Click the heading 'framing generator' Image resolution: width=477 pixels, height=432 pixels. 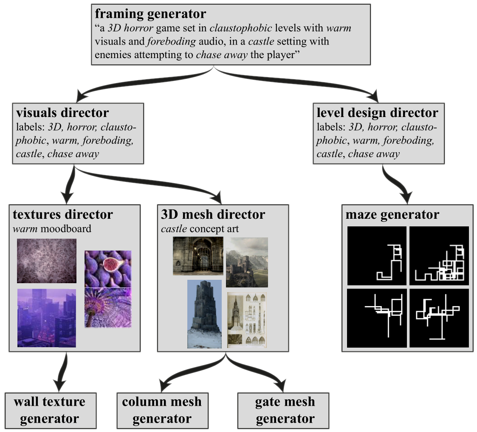click(x=150, y=14)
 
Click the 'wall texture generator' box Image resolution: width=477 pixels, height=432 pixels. click(x=49, y=410)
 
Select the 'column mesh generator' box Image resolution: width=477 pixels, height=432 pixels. click(x=162, y=410)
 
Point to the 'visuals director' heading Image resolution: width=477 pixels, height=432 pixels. click(x=62, y=113)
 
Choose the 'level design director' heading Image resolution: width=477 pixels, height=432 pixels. click(x=377, y=113)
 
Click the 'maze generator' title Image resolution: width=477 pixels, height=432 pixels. click(x=392, y=215)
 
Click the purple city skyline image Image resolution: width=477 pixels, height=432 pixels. click(x=46, y=318)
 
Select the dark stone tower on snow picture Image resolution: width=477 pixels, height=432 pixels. click(x=205, y=314)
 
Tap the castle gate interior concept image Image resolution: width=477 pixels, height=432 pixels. click(x=198, y=256)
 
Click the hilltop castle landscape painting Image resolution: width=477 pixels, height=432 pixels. click(x=246, y=262)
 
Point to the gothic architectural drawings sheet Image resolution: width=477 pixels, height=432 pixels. click(x=248, y=320)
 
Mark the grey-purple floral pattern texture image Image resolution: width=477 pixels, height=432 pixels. click(x=46, y=261)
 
